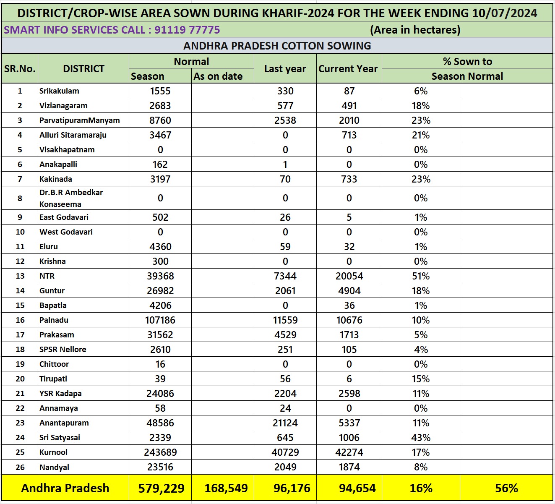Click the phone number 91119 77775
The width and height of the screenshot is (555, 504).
(x=187, y=30)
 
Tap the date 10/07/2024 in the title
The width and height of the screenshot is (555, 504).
(x=504, y=13)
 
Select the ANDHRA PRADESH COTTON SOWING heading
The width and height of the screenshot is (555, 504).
(x=277, y=46)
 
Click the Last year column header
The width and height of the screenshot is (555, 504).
(x=285, y=69)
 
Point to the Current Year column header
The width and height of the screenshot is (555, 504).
(x=348, y=69)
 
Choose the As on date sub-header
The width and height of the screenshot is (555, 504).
(x=218, y=76)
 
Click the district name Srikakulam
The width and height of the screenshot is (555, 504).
(x=59, y=91)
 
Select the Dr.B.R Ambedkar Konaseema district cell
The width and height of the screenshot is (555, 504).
(x=71, y=198)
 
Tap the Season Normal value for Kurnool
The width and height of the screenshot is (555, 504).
(x=160, y=452)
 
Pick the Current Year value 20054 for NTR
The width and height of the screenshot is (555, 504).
(x=349, y=276)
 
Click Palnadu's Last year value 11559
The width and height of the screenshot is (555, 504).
(x=285, y=320)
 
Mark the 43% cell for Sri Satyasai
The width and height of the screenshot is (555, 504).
(x=421, y=438)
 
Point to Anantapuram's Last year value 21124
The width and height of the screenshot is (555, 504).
(x=285, y=423)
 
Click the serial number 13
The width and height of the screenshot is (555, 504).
(x=20, y=276)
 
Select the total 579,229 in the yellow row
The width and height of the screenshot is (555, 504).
(x=161, y=488)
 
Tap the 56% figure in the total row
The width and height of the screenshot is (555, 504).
(x=506, y=488)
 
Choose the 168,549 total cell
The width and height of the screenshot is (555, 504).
(x=226, y=488)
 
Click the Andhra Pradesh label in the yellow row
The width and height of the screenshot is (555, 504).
(x=65, y=488)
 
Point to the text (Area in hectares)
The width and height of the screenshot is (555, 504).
(x=415, y=30)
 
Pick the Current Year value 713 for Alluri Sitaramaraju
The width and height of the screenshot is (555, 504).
(x=349, y=135)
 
